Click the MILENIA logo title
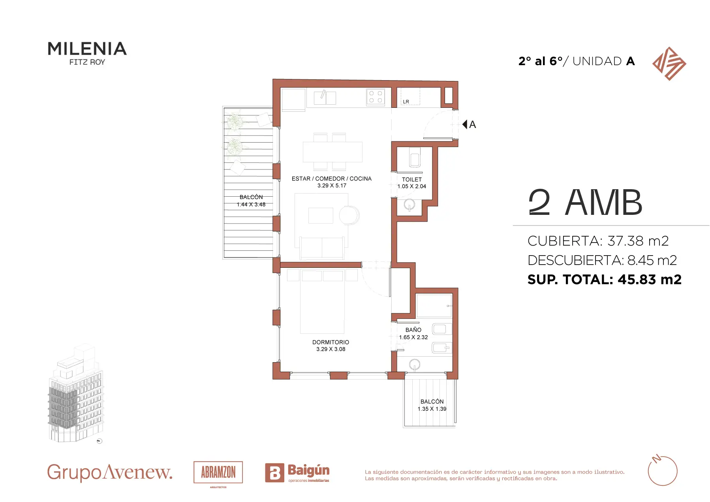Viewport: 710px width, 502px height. point(87,49)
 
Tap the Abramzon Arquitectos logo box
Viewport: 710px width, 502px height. point(218,472)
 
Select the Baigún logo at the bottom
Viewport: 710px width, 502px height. point(297,473)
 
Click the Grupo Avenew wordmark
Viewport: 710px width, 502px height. point(110,472)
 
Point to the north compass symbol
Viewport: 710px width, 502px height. point(663,470)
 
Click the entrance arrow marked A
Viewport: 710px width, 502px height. point(469,124)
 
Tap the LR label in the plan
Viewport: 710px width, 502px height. point(406,102)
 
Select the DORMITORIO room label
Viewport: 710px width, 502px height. point(331,342)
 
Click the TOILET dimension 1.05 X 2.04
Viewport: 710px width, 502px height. point(412,186)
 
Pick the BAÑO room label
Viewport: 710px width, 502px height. point(413,330)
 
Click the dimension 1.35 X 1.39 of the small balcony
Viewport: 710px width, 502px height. point(432,409)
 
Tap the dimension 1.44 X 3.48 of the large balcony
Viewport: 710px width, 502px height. point(251,205)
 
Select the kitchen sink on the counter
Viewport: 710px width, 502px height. point(325,98)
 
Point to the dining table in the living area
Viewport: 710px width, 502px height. point(332,152)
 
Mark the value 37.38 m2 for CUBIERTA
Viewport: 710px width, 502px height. point(638,241)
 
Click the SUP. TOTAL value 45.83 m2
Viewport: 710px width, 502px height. point(650,279)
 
